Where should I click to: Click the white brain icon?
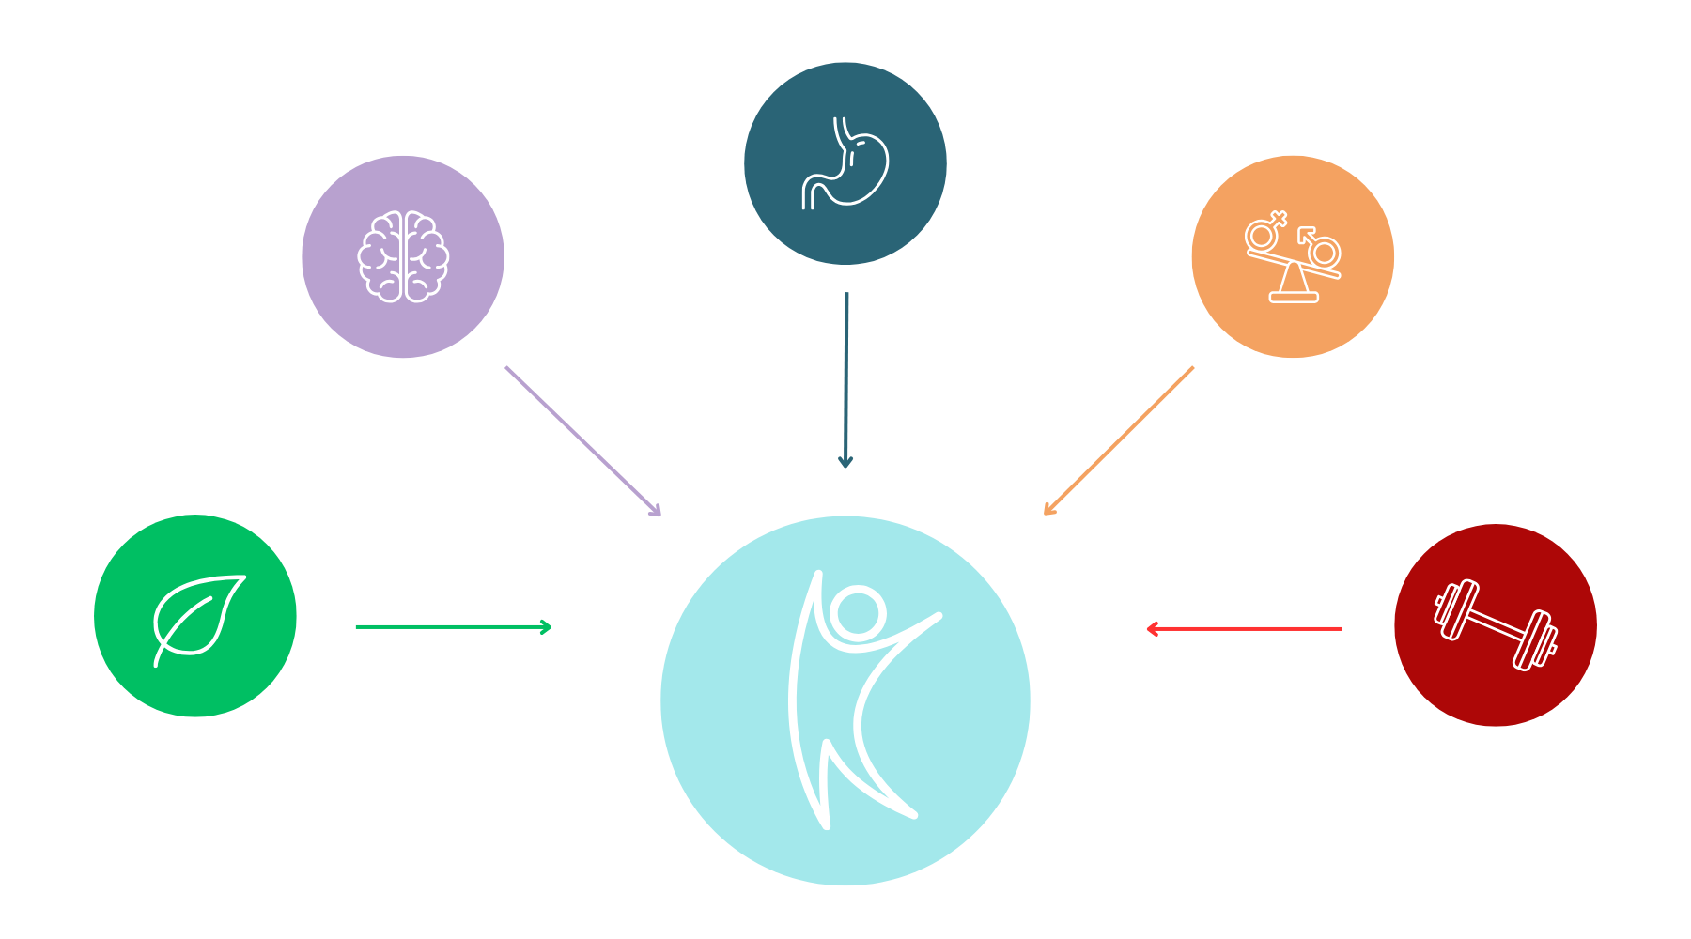(403, 256)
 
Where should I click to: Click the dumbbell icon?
(1496, 625)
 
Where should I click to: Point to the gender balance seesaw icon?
(1293, 257)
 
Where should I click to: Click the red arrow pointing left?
(1244, 628)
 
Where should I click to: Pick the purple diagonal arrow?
(582, 441)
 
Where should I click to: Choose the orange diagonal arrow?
(1119, 440)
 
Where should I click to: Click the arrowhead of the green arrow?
(547, 626)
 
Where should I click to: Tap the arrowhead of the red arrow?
(1152, 628)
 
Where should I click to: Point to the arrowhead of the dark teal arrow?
(845, 462)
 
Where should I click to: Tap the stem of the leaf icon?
(162, 653)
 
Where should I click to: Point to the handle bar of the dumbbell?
(1496, 625)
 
